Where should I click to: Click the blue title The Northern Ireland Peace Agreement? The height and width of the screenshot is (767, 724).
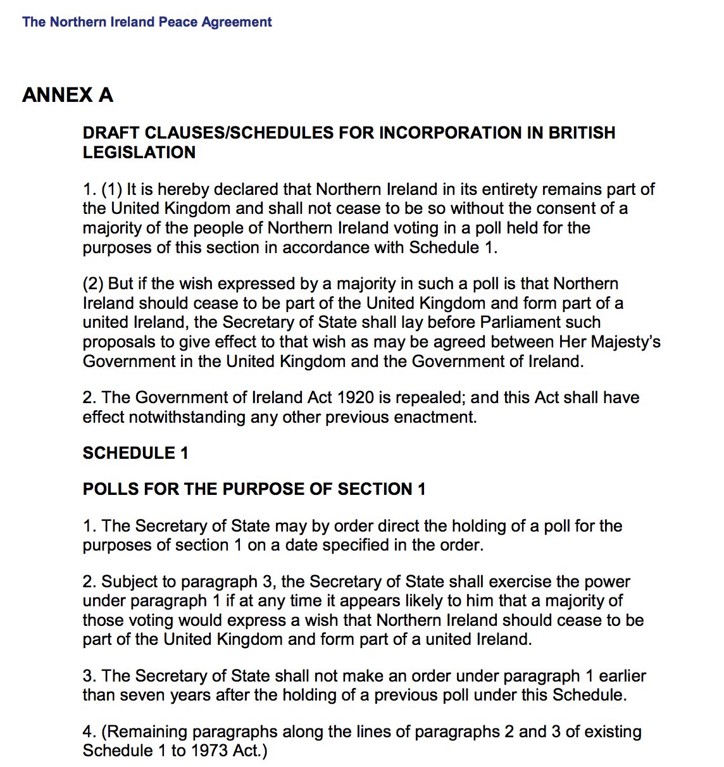pyautogui.click(x=147, y=22)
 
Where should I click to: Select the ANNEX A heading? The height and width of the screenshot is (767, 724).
pyautogui.click(x=68, y=95)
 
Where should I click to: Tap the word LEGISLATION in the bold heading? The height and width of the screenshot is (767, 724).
pyautogui.click(x=139, y=153)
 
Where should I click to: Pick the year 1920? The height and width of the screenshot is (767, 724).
pyautogui.click(x=356, y=397)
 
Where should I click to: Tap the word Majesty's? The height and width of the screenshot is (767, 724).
pyautogui.click(x=623, y=342)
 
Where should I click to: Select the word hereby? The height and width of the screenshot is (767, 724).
pyautogui.click(x=184, y=189)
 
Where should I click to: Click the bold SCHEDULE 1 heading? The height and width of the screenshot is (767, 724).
pyautogui.click(x=135, y=453)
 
